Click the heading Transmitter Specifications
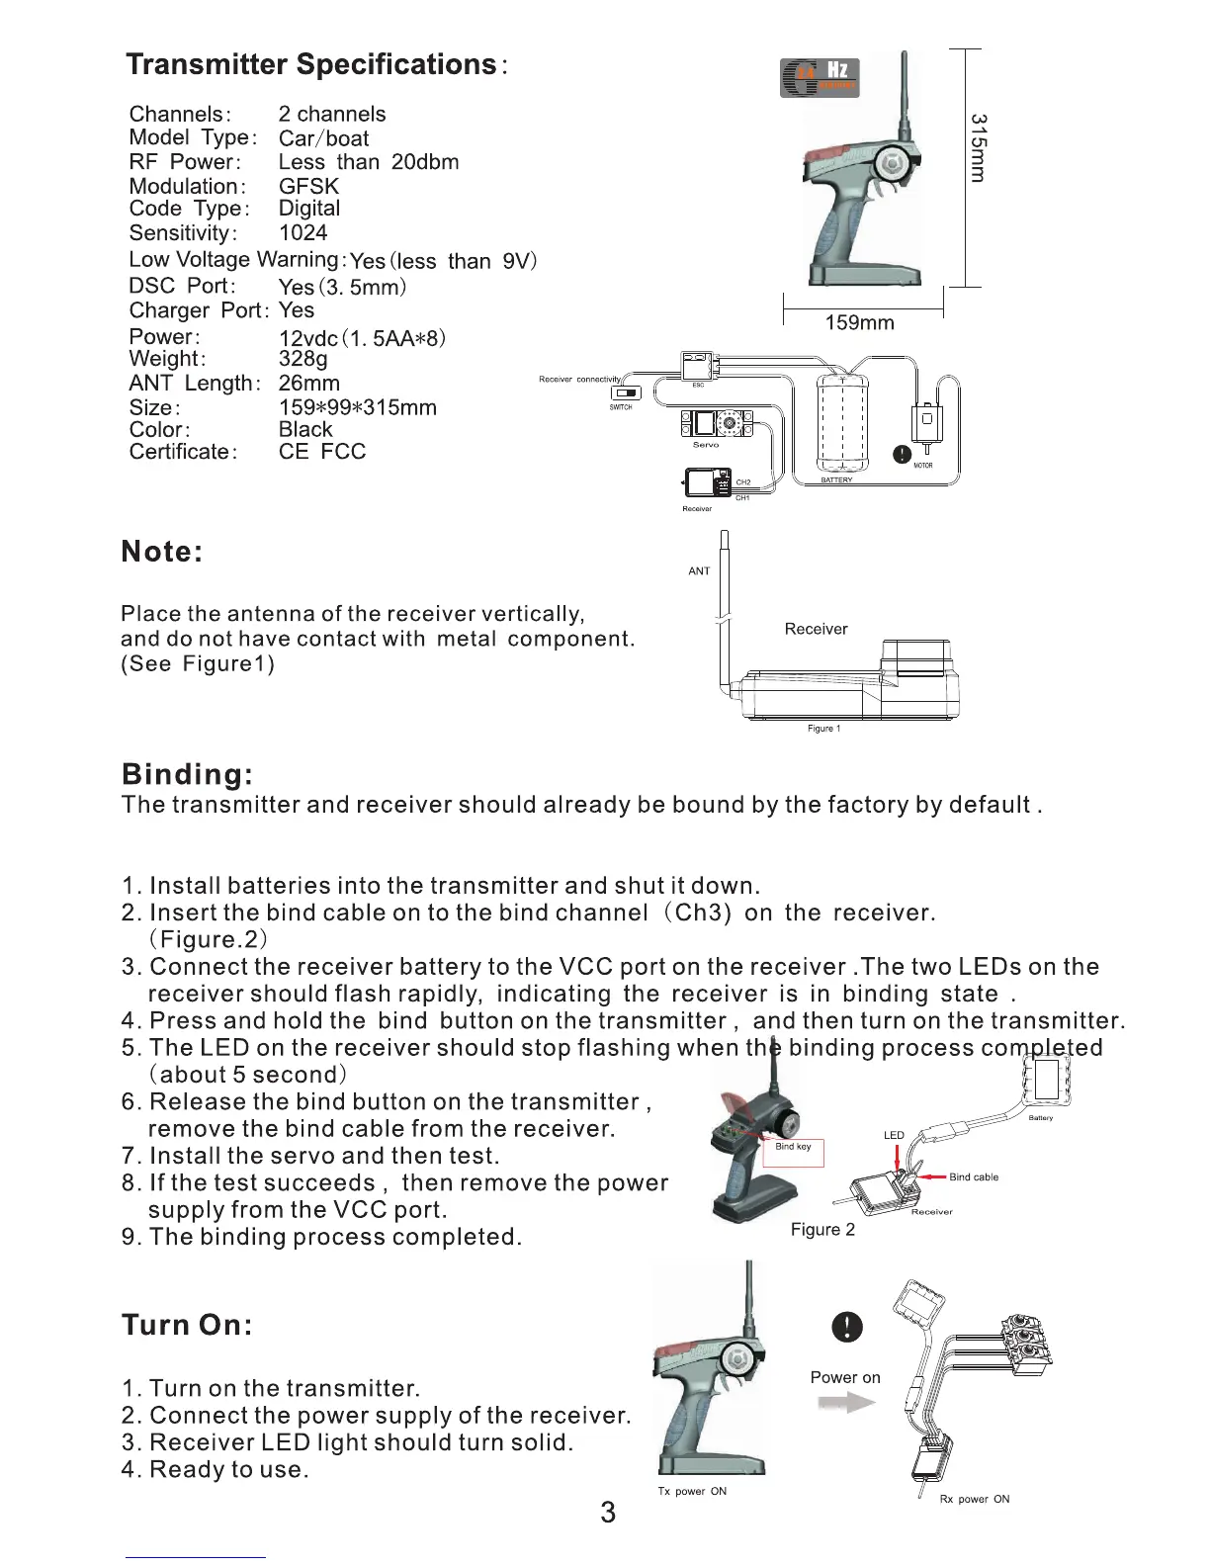pos(311,65)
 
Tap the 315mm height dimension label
pos(977,147)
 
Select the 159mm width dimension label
pos(859,323)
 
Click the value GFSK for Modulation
pos(308,186)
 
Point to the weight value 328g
pos(302,359)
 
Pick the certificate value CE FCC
pos(322,452)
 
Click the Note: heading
pos(162,552)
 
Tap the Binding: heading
pos(187,774)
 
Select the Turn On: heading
pos(187,1325)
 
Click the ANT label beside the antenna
pos(699,571)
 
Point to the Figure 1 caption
pos(823,729)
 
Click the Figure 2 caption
pos(822,1230)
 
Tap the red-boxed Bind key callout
pos(793,1149)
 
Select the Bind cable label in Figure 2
pos(973,1177)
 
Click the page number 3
pos(607,1513)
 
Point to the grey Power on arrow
pos(847,1403)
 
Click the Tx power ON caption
pos(692,1492)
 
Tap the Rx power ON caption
pos(974,1500)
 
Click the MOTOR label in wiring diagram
pos(922,466)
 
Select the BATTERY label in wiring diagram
pos(836,480)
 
